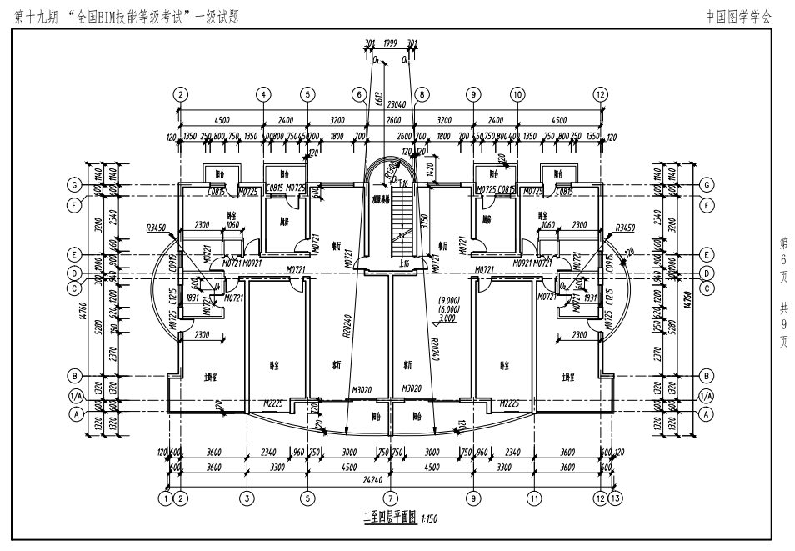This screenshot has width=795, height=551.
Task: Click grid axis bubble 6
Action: [359, 94]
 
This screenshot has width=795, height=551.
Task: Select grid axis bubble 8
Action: [421, 94]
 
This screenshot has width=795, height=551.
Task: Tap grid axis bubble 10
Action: [517, 94]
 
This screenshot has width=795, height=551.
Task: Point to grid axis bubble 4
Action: [263, 94]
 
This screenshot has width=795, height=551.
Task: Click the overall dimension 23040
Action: [391, 105]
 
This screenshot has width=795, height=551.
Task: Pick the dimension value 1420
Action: [430, 168]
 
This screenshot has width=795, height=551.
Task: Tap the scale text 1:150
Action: [429, 519]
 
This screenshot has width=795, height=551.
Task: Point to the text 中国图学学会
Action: [738, 15]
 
